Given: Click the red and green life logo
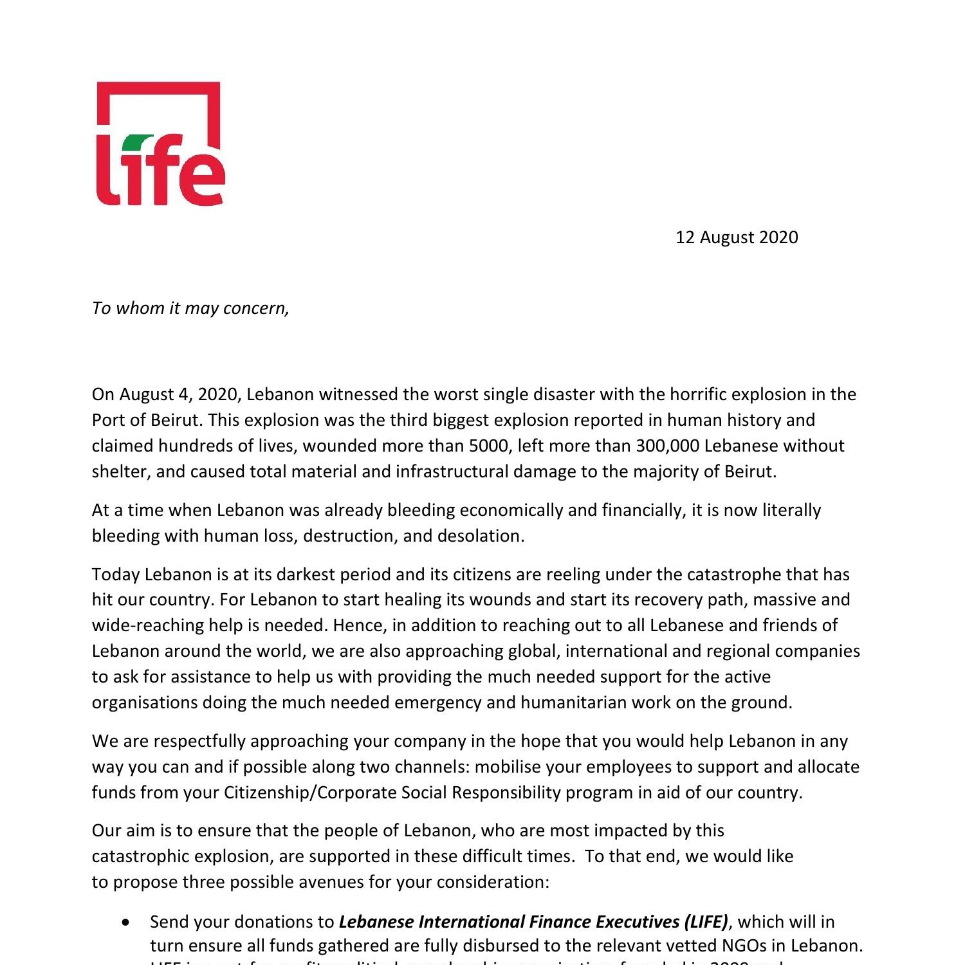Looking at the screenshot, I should (x=160, y=143).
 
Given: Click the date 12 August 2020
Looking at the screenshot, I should (x=737, y=237).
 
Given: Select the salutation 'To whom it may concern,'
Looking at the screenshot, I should (x=190, y=308).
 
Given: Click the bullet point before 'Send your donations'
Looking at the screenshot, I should (x=125, y=922).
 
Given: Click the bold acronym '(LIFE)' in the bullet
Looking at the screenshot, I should (x=706, y=922).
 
